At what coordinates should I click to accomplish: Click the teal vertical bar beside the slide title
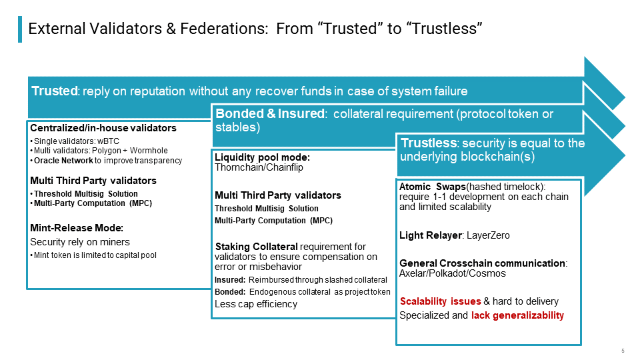click(20, 29)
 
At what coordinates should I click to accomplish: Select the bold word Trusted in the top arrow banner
click(55, 91)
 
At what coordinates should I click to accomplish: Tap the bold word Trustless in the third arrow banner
click(429, 143)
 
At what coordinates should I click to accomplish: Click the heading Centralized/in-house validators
click(103, 128)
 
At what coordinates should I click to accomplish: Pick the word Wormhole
click(149, 151)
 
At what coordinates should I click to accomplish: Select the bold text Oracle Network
click(63, 161)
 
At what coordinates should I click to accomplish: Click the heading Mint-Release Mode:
click(77, 228)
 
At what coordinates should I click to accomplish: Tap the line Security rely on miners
click(80, 242)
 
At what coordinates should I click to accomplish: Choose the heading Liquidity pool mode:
click(263, 157)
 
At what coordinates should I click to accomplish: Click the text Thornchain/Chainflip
click(259, 167)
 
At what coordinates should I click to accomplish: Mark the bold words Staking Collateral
click(256, 247)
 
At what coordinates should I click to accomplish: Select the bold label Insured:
click(230, 280)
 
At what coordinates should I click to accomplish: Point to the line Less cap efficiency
click(256, 304)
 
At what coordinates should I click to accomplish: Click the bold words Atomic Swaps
click(433, 187)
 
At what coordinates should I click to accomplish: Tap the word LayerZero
click(488, 235)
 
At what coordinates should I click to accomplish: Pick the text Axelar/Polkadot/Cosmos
click(452, 273)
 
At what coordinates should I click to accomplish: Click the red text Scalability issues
click(441, 301)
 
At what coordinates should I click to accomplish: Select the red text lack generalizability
click(517, 315)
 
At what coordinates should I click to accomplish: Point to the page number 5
click(623, 351)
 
